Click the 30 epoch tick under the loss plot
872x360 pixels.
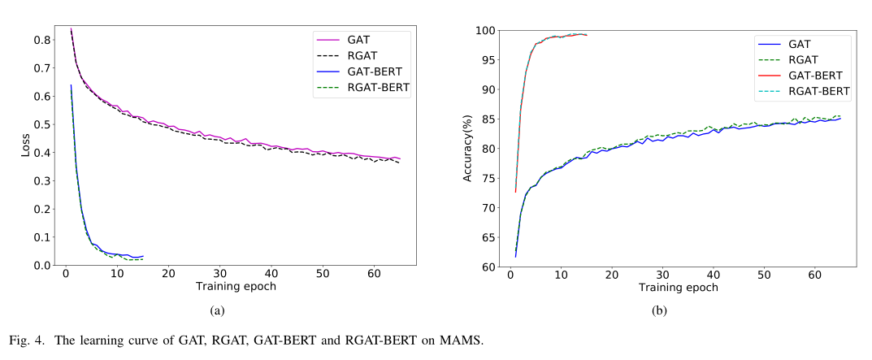(x=219, y=275)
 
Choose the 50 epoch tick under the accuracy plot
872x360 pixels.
(x=764, y=276)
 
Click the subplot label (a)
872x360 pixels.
(x=216, y=311)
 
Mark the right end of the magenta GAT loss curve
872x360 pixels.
(x=400, y=158)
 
